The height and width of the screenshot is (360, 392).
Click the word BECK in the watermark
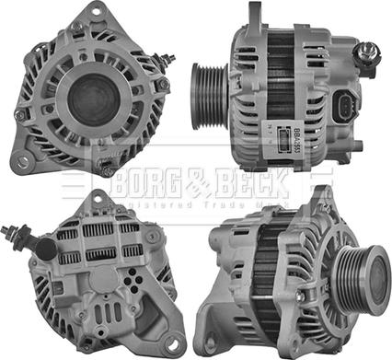(251, 185)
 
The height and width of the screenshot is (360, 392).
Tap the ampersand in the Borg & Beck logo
(193, 185)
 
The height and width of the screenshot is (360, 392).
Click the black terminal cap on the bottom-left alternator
(42, 246)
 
